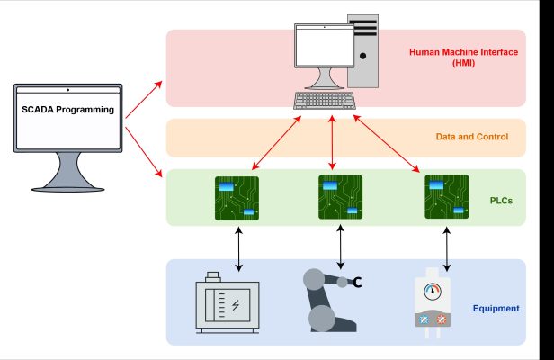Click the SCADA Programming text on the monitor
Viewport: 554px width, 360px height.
[x=68, y=110]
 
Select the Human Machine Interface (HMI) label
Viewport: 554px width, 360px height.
[x=463, y=58]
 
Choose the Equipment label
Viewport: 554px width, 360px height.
[x=496, y=309]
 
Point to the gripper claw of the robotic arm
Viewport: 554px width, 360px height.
[x=356, y=283]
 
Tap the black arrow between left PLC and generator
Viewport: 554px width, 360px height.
[x=238, y=249]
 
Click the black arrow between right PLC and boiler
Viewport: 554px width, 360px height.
[x=447, y=249]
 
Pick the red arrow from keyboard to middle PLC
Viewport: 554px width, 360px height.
[x=334, y=141]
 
